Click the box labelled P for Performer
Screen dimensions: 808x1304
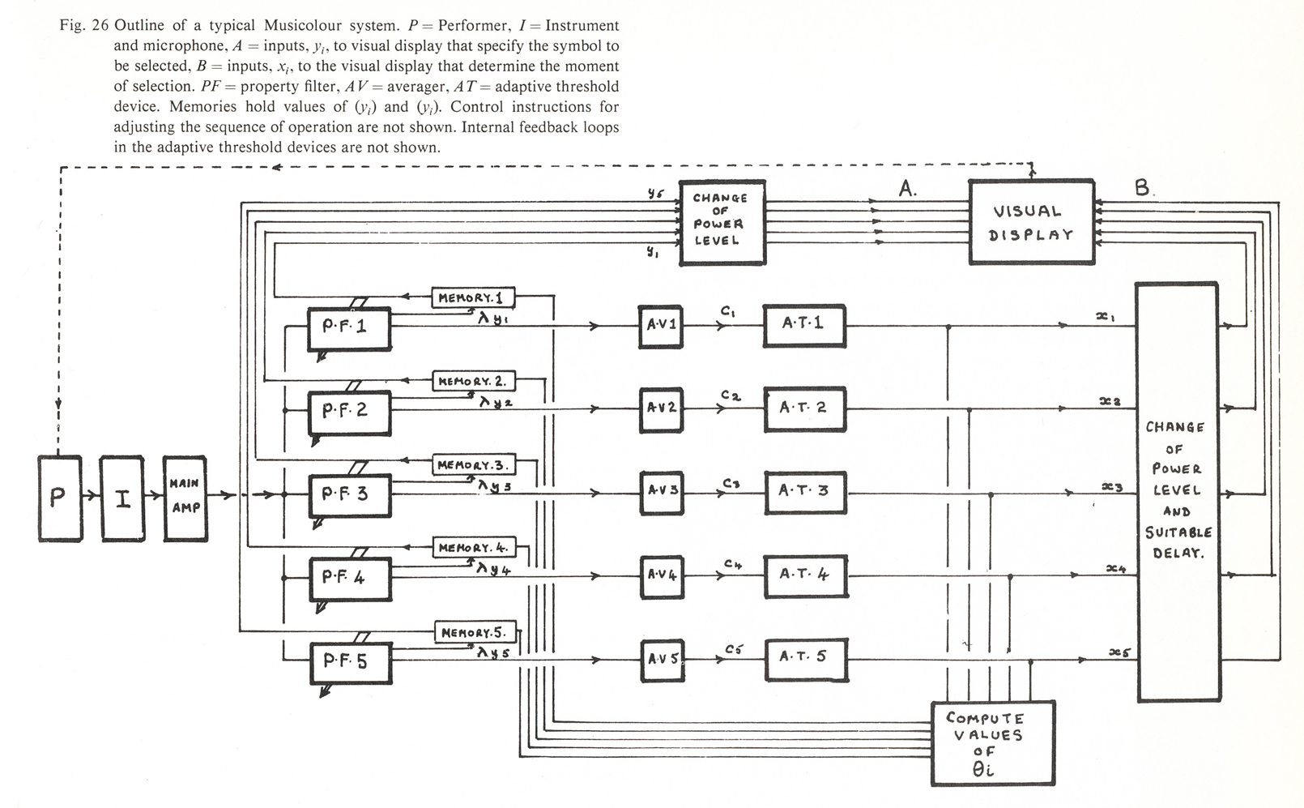60,498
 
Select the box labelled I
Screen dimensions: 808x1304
122,498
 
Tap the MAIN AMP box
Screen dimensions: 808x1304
185,498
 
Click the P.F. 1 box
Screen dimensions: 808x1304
349,327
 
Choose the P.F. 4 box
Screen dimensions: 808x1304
349,577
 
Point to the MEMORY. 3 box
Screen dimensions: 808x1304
473,465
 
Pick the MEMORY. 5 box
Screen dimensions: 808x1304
474,632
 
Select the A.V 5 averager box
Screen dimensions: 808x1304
662,658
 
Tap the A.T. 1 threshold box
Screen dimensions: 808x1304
803,324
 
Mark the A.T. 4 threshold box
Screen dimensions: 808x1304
805,575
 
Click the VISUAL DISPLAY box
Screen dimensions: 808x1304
1031,222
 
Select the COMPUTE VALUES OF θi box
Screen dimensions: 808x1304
992,743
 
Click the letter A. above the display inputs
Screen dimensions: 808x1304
907,190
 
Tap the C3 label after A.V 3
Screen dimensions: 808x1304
731,484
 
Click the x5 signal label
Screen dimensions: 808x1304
1119,652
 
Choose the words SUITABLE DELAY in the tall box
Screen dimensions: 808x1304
1178,543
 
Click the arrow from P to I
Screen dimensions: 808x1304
91,498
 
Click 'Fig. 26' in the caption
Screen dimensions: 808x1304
83,26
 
